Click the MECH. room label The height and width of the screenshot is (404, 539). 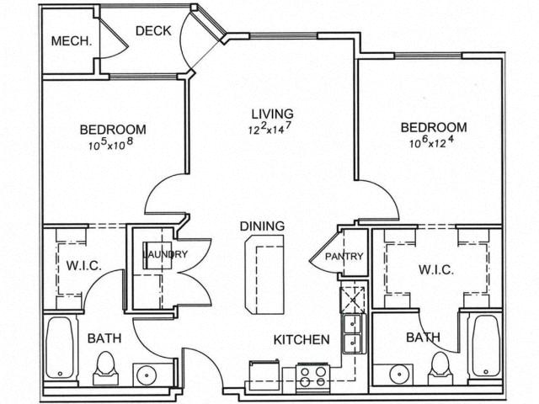click(x=72, y=41)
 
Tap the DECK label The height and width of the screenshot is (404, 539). click(x=153, y=31)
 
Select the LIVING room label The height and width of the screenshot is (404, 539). click(x=273, y=114)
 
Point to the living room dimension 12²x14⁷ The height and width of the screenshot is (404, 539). click(x=269, y=129)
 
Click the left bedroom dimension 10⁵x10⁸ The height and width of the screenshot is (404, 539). click(x=110, y=144)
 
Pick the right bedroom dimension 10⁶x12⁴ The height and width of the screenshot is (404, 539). click(x=431, y=141)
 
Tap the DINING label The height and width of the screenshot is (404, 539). click(x=262, y=226)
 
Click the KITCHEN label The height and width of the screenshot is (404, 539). click(x=302, y=340)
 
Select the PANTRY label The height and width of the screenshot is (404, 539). click(x=344, y=256)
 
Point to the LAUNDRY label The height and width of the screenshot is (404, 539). click(x=165, y=254)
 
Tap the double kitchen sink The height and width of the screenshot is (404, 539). click(x=352, y=333)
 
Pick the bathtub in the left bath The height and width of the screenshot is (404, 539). click(x=60, y=348)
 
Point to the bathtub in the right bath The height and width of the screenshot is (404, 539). click(x=486, y=346)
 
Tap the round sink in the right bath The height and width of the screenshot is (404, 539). click(x=399, y=374)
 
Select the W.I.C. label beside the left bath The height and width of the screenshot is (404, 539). click(x=84, y=266)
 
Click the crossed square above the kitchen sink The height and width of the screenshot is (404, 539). click(x=352, y=300)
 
